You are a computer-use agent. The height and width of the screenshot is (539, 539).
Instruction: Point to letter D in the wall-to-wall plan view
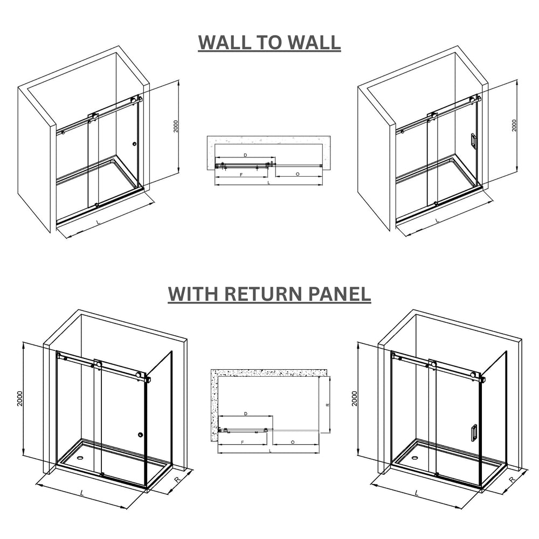(245, 155)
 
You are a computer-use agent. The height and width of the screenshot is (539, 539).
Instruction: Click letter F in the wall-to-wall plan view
(241, 175)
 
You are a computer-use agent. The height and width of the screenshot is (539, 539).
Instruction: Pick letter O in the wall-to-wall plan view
(298, 175)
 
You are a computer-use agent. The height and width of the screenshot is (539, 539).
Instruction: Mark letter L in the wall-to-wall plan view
(269, 183)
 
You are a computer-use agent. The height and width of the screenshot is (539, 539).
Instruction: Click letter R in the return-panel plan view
(327, 404)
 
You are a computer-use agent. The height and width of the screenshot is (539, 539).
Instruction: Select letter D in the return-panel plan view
(246, 414)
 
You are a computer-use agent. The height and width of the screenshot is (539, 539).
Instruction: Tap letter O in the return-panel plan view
(293, 442)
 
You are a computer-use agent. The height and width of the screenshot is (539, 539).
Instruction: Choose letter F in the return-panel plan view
(243, 442)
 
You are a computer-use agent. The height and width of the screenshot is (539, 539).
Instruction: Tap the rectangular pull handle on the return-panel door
(473, 433)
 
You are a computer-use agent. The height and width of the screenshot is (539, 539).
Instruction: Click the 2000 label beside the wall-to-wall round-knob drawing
(176, 126)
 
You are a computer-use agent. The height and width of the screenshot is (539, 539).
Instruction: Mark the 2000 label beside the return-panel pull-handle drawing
(355, 398)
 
